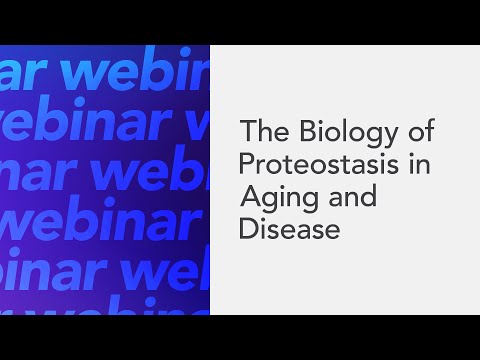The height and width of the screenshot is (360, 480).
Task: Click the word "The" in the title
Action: [x=263, y=132]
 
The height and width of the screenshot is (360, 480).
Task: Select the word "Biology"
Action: [x=334, y=132]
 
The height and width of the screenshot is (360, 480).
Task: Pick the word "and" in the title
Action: [x=349, y=196]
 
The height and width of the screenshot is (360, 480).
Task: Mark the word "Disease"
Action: [x=290, y=229]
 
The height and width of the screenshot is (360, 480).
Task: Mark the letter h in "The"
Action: [x=263, y=131]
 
